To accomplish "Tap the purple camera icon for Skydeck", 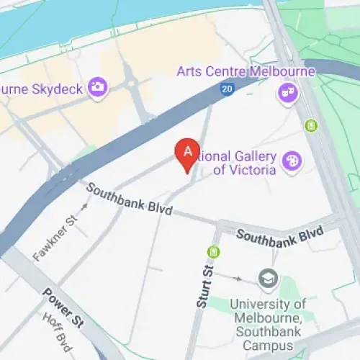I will tap(97, 87).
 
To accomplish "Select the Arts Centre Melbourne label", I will tap(246, 72).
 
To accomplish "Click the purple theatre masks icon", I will tap(288, 93).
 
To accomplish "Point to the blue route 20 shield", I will tap(226, 89).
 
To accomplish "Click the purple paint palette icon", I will tap(292, 162).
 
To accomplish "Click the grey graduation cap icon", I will tap(269, 278).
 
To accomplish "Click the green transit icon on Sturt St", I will tap(213, 252).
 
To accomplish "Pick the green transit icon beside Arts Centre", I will tap(310, 126).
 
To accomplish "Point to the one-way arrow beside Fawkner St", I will tap(84, 207).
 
